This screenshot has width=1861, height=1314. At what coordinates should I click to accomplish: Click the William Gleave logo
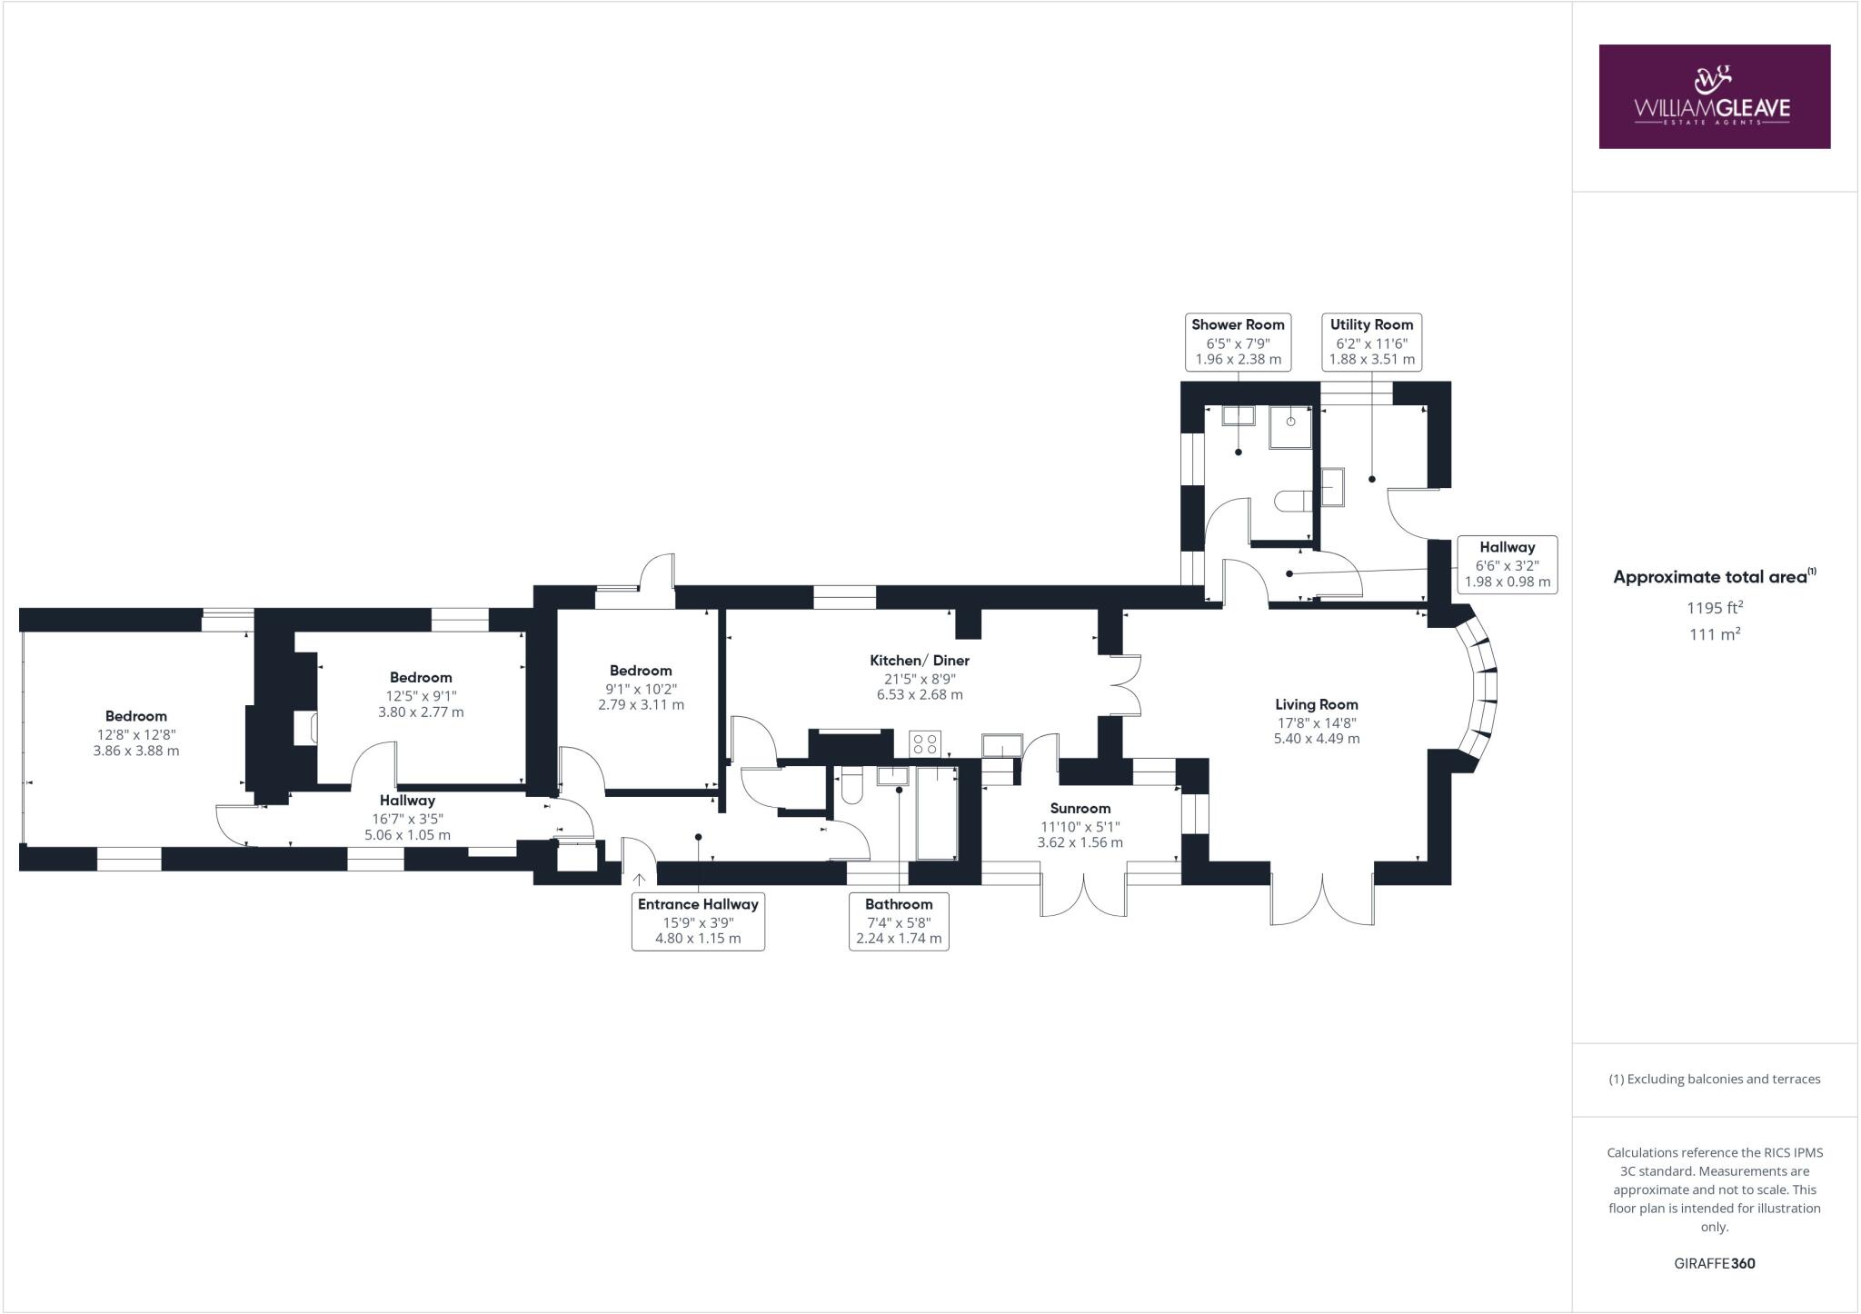1714,96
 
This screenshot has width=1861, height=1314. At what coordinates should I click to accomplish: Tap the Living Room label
1316,704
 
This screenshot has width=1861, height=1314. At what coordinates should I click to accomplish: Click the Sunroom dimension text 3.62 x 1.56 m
1080,842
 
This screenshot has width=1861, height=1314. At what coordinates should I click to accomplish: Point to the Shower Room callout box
1238,342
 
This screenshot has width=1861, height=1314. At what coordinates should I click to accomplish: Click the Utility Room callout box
1371,342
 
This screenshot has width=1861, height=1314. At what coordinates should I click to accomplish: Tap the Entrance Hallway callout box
698,921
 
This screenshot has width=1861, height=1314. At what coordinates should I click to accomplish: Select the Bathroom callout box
899,921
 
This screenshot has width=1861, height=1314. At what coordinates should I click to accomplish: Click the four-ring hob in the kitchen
925,744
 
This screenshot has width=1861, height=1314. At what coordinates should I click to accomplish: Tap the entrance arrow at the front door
639,879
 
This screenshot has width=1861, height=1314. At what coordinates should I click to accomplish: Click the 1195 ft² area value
1715,608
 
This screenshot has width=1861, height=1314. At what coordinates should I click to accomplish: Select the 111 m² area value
1715,634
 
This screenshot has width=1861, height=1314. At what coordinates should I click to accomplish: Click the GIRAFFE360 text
1714,1263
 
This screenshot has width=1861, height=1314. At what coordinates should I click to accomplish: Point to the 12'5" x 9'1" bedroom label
421,695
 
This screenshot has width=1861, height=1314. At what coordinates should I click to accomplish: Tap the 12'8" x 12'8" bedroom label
136,734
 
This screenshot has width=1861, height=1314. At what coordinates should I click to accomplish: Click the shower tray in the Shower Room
1290,427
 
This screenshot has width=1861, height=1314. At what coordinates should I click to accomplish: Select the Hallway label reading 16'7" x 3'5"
407,818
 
